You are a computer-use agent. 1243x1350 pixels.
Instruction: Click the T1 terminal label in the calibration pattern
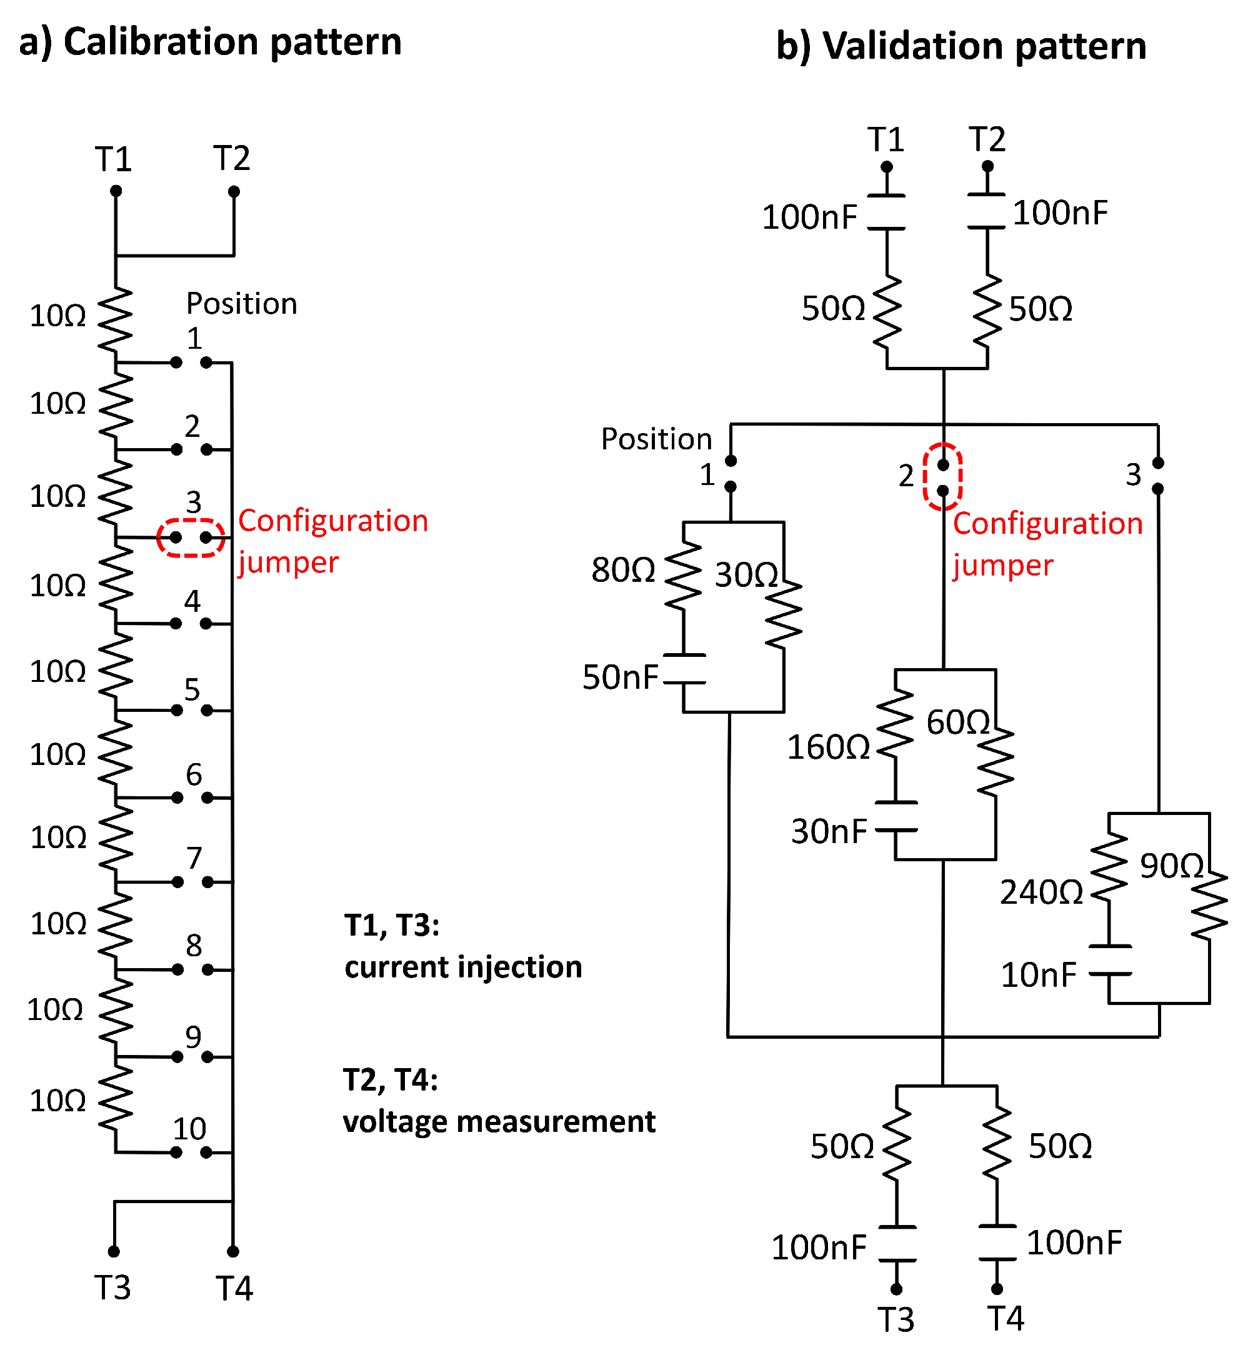113,160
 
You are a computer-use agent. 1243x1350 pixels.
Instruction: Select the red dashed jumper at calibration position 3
191,538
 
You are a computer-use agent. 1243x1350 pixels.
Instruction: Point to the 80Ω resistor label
623,571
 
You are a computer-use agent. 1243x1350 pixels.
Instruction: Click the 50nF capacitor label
619,677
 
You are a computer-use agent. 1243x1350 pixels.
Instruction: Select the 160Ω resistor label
828,748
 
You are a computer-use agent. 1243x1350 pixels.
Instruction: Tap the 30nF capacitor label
829,832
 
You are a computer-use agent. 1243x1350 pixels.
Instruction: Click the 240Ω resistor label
1041,893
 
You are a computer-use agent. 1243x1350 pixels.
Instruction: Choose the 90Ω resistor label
1171,866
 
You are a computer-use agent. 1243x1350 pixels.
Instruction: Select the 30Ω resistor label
746,575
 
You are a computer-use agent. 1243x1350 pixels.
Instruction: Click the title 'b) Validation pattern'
961,46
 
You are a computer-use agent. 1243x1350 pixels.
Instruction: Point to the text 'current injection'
462,967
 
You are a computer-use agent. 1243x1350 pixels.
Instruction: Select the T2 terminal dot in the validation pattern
987,166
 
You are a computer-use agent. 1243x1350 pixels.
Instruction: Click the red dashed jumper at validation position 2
943,477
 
